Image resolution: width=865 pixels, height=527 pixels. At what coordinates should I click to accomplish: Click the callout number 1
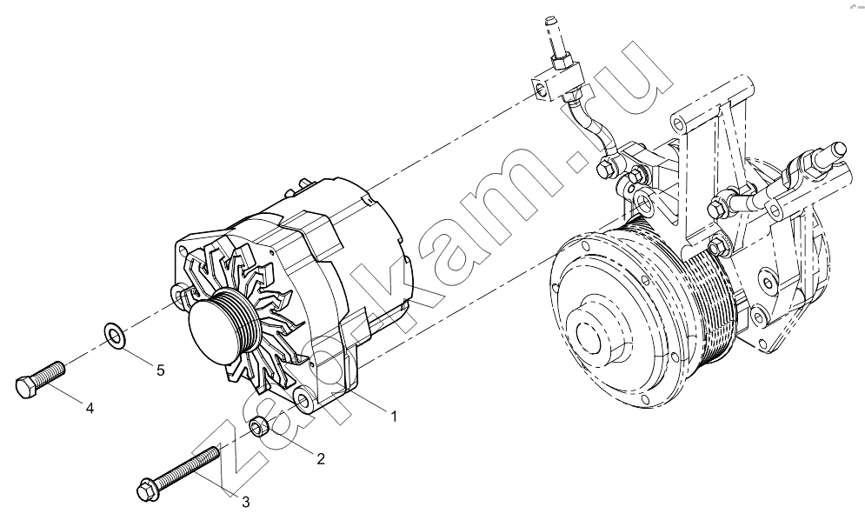[394, 417]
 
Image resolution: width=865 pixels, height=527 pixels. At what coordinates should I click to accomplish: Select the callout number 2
[321, 458]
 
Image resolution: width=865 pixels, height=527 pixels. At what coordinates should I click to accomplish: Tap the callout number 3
[246, 502]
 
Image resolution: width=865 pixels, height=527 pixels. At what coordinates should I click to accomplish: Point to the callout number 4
[90, 409]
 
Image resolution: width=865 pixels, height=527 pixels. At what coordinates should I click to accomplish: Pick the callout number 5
[161, 370]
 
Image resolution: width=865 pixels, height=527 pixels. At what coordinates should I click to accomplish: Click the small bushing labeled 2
[260, 426]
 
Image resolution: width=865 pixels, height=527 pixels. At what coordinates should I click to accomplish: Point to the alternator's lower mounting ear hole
[302, 397]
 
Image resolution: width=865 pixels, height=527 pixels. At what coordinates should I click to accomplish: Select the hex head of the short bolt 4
[24, 387]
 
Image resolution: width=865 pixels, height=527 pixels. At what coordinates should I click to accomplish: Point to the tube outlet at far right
[839, 150]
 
